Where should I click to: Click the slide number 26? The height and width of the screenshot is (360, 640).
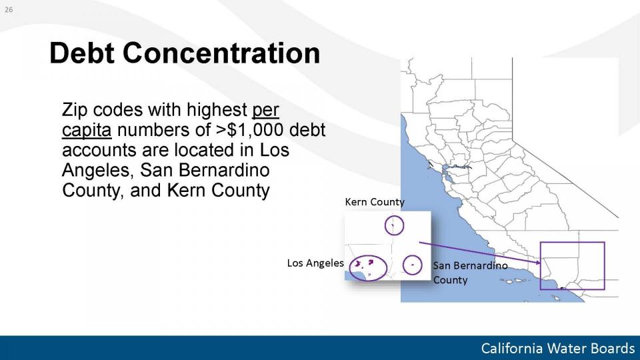tap(9, 10)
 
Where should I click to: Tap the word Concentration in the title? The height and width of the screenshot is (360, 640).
tap(221, 53)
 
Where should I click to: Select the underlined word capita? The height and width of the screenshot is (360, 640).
tap(87, 130)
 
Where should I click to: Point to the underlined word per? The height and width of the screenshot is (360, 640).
tap(266, 111)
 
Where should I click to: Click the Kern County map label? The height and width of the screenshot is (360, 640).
tap(375, 202)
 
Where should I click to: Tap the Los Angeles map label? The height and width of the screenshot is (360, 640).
tap(315, 263)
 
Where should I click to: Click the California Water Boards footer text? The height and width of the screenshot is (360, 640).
tap(557, 348)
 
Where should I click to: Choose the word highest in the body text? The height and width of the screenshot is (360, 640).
tap(217, 110)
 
